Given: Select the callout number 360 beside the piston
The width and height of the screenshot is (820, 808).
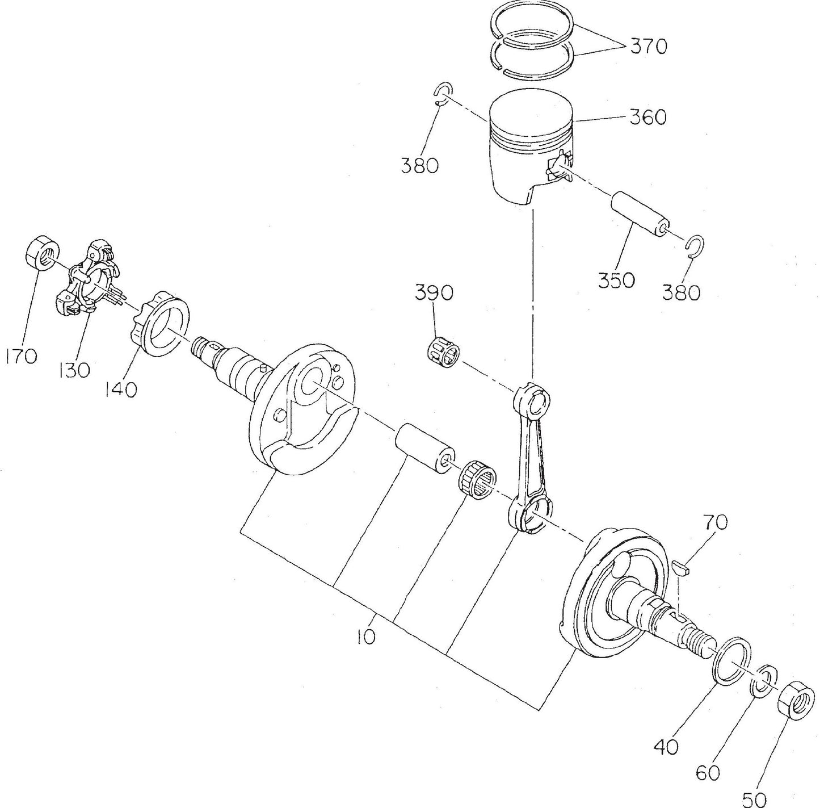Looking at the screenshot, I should (x=648, y=118).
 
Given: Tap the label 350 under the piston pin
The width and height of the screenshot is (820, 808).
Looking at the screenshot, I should (x=616, y=279).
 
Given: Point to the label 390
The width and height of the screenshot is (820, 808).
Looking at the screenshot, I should (x=434, y=293).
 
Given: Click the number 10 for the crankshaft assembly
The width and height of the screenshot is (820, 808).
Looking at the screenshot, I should (x=366, y=638).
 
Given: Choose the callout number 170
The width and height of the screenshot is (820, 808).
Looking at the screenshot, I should (x=21, y=356).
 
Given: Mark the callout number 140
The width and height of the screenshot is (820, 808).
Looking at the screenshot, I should (x=120, y=390).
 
